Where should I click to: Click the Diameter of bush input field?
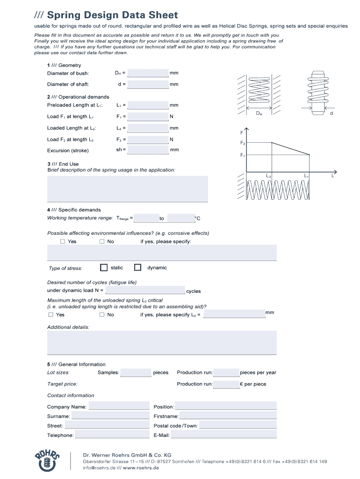click(x=148, y=73)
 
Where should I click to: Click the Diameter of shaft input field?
click(x=148, y=84)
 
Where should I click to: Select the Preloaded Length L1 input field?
click(x=148, y=105)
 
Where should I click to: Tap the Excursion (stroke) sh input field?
click(x=148, y=150)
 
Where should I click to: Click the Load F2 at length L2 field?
click(x=148, y=139)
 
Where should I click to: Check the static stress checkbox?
click(x=104, y=268)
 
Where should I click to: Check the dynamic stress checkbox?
click(x=137, y=268)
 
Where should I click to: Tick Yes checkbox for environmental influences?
click(x=63, y=241)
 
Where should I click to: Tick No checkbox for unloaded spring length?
click(x=102, y=315)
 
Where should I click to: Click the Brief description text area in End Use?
click(x=128, y=189)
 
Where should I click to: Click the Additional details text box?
click(x=162, y=343)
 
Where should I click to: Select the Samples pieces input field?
click(x=136, y=373)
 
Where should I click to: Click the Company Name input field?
click(x=119, y=406)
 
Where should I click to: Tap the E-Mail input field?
click(x=223, y=435)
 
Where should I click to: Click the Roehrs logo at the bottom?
click(x=47, y=460)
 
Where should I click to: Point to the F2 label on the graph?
click(x=243, y=143)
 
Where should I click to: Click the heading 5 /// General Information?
click(x=76, y=364)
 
